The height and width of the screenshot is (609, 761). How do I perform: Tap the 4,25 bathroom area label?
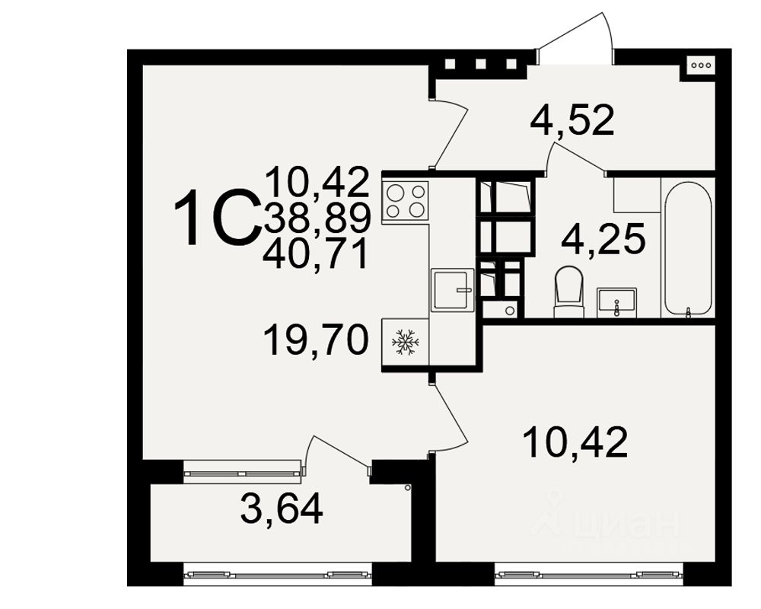click(603, 239)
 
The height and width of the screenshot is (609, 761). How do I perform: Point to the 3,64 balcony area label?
click(282, 508)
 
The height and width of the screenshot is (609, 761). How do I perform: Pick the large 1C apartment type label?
click(215, 218)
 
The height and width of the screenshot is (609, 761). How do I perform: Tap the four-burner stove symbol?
click(406, 200)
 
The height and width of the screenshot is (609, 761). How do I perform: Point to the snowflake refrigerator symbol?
click(406, 343)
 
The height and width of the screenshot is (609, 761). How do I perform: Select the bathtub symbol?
click(688, 247)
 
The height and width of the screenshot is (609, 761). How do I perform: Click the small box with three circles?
click(700, 65)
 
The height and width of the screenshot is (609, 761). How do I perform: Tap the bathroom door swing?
click(575, 158)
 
